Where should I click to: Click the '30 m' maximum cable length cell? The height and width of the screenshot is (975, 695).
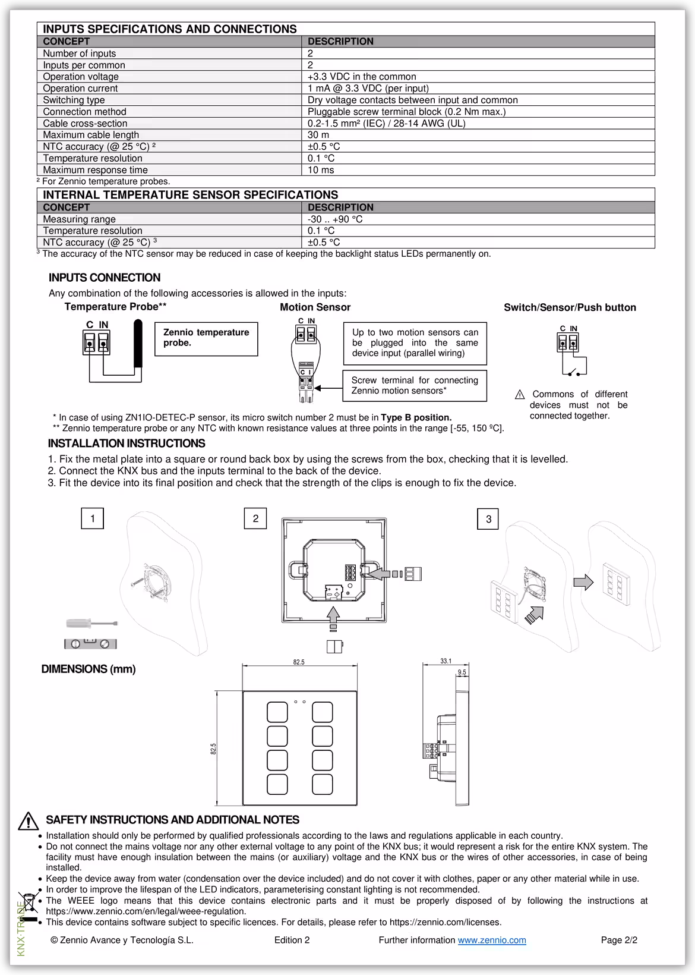pyautogui.click(x=318, y=135)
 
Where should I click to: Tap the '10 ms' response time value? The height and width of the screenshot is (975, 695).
pyautogui.click(x=321, y=170)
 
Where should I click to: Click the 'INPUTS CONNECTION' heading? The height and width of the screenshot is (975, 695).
pyautogui.click(x=105, y=278)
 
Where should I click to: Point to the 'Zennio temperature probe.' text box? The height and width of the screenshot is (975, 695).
pyautogui.click(x=206, y=338)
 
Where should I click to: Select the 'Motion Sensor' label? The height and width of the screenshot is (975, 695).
pyautogui.click(x=315, y=307)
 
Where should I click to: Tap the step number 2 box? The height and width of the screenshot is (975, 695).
pyautogui.click(x=255, y=518)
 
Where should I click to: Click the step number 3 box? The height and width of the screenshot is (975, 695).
pyautogui.click(x=488, y=519)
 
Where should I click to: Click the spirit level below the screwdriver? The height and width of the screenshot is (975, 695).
pyautogui.click(x=90, y=643)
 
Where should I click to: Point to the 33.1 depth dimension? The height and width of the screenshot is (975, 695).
pyautogui.click(x=446, y=661)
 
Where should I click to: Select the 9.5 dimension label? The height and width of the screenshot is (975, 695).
pyautogui.click(x=462, y=672)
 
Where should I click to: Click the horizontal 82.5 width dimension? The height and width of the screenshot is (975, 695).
pyautogui.click(x=299, y=662)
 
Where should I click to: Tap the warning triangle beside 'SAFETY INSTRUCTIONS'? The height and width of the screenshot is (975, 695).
pyautogui.click(x=28, y=821)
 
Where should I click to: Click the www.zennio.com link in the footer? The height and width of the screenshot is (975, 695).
pyautogui.click(x=492, y=940)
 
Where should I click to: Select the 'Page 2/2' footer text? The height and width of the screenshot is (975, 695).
pyautogui.click(x=619, y=940)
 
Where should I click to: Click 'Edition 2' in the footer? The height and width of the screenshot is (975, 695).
pyautogui.click(x=292, y=940)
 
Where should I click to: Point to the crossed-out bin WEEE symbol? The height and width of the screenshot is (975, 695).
pyautogui.click(x=28, y=908)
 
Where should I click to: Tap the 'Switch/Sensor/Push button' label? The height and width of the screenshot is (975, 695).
pyautogui.click(x=570, y=307)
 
